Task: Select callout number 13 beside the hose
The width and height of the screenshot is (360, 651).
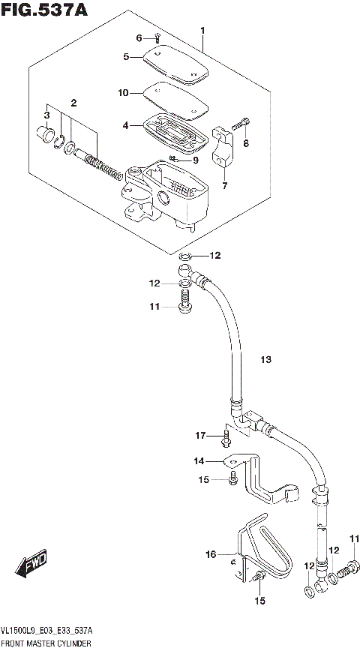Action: (x=265, y=360)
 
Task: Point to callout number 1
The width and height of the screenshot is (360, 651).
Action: (x=202, y=31)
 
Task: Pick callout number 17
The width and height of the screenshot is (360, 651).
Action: (x=200, y=435)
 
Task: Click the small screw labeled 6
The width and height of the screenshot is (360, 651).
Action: (x=157, y=38)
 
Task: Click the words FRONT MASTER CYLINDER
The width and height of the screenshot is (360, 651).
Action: (x=46, y=644)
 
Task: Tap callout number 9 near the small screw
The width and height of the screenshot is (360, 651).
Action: (x=195, y=160)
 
